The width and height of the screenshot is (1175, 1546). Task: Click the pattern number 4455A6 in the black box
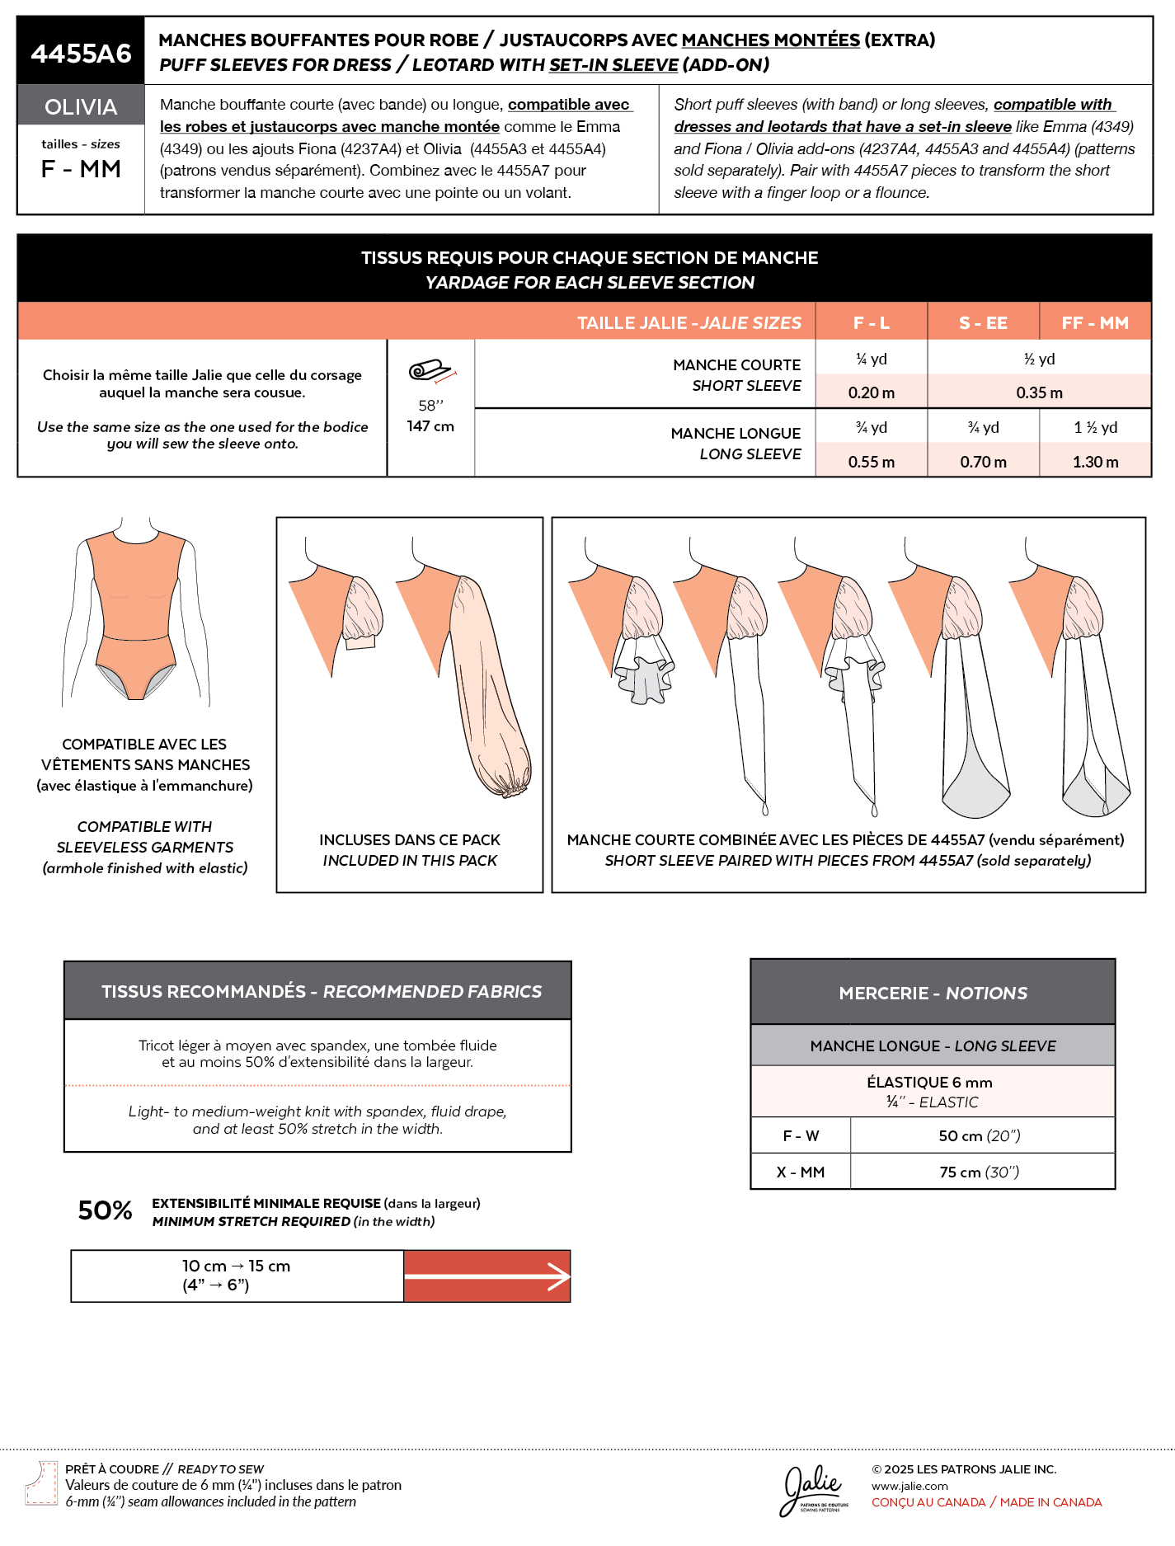click(81, 54)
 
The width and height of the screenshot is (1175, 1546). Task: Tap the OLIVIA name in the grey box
click(81, 107)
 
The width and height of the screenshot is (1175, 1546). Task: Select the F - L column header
click(871, 323)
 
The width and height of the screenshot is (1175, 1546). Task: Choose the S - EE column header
click(983, 323)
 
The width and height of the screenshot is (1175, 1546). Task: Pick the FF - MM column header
click(1095, 323)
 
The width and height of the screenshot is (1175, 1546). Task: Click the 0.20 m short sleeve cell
click(871, 392)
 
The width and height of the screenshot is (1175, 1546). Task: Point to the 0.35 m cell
click(1039, 392)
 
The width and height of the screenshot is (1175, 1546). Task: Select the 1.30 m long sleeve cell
click(1095, 462)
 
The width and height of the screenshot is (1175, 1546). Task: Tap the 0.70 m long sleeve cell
click(983, 462)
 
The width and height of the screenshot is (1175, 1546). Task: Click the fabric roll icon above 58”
click(431, 372)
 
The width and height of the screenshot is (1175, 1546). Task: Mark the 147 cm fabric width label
click(430, 426)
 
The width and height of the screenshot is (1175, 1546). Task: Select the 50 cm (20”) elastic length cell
click(980, 1136)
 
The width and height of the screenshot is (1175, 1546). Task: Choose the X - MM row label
click(800, 1172)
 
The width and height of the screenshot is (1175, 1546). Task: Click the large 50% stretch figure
click(105, 1210)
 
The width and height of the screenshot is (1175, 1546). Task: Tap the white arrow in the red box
click(487, 1277)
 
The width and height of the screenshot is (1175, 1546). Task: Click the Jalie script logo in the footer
click(813, 1488)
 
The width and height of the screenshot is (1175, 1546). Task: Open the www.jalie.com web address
click(909, 1486)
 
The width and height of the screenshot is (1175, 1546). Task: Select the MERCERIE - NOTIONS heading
click(933, 993)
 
